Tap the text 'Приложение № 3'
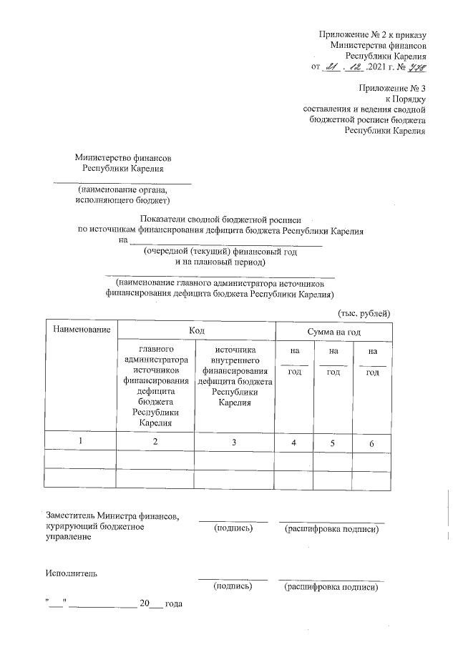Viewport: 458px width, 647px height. pyautogui.click(x=395, y=88)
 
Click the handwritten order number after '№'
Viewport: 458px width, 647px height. pyautogui.click(x=416, y=66)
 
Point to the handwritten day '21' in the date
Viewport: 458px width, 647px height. pyautogui.click(x=331, y=66)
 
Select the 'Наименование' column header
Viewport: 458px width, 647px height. pyautogui.click(x=80, y=330)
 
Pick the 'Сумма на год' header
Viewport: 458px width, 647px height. pyautogui.click(x=333, y=331)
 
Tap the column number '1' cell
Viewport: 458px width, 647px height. pyautogui.click(x=80, y=441)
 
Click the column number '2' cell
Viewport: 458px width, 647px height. pyautogui.click(x=155, y=441)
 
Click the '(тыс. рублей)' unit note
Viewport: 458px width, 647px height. pyautogui.click(x=364, y=313)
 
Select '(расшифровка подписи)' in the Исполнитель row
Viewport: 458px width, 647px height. pyautogui.click(x=331, y=587)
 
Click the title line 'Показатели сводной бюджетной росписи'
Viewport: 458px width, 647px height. pyautogui.click(x=221, y=221)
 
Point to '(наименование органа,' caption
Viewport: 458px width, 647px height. pyautogui.click(x=123, y=190)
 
